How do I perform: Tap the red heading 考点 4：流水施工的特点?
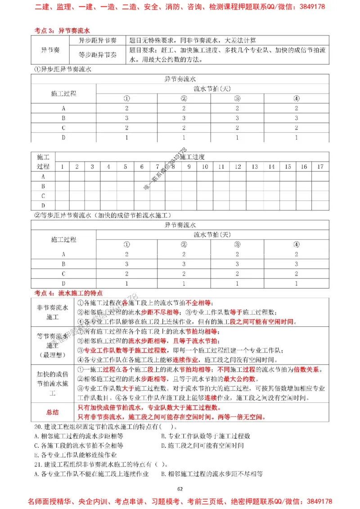pos(68,293)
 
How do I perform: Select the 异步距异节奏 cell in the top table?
pos(97,40)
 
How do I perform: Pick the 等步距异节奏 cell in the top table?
pos(97,55)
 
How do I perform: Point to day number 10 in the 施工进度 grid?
pos(205,167)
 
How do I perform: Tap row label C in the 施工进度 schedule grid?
pos(43,196)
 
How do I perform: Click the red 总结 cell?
pos(52,411)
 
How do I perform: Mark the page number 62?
pos(180,489)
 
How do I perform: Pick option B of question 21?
pos(211,473)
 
